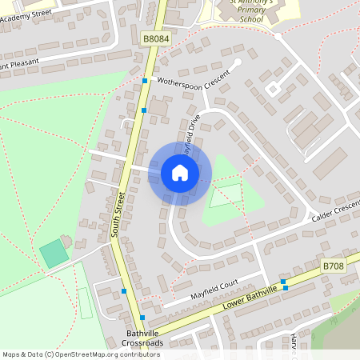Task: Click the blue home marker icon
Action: click(x=179, y=173)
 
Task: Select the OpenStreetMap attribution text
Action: click(x=81, y=354)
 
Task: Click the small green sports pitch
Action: click(x=54, y=254)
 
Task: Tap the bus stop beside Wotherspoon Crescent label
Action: click(x=145, y=82)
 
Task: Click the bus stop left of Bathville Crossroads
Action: click(x=123, y=291)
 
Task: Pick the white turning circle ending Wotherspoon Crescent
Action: click(x=238, y=62)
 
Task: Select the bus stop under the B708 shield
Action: click(x=283, y=282)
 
